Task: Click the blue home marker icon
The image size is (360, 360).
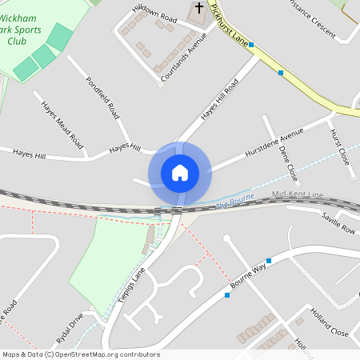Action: tap(179, 172)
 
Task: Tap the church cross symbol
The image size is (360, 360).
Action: tap(199, 9)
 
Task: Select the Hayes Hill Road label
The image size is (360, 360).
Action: tap(220, 101)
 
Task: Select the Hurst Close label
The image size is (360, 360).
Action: tap(339, 145)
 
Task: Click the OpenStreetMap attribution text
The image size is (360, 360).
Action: tap(81, 354)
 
